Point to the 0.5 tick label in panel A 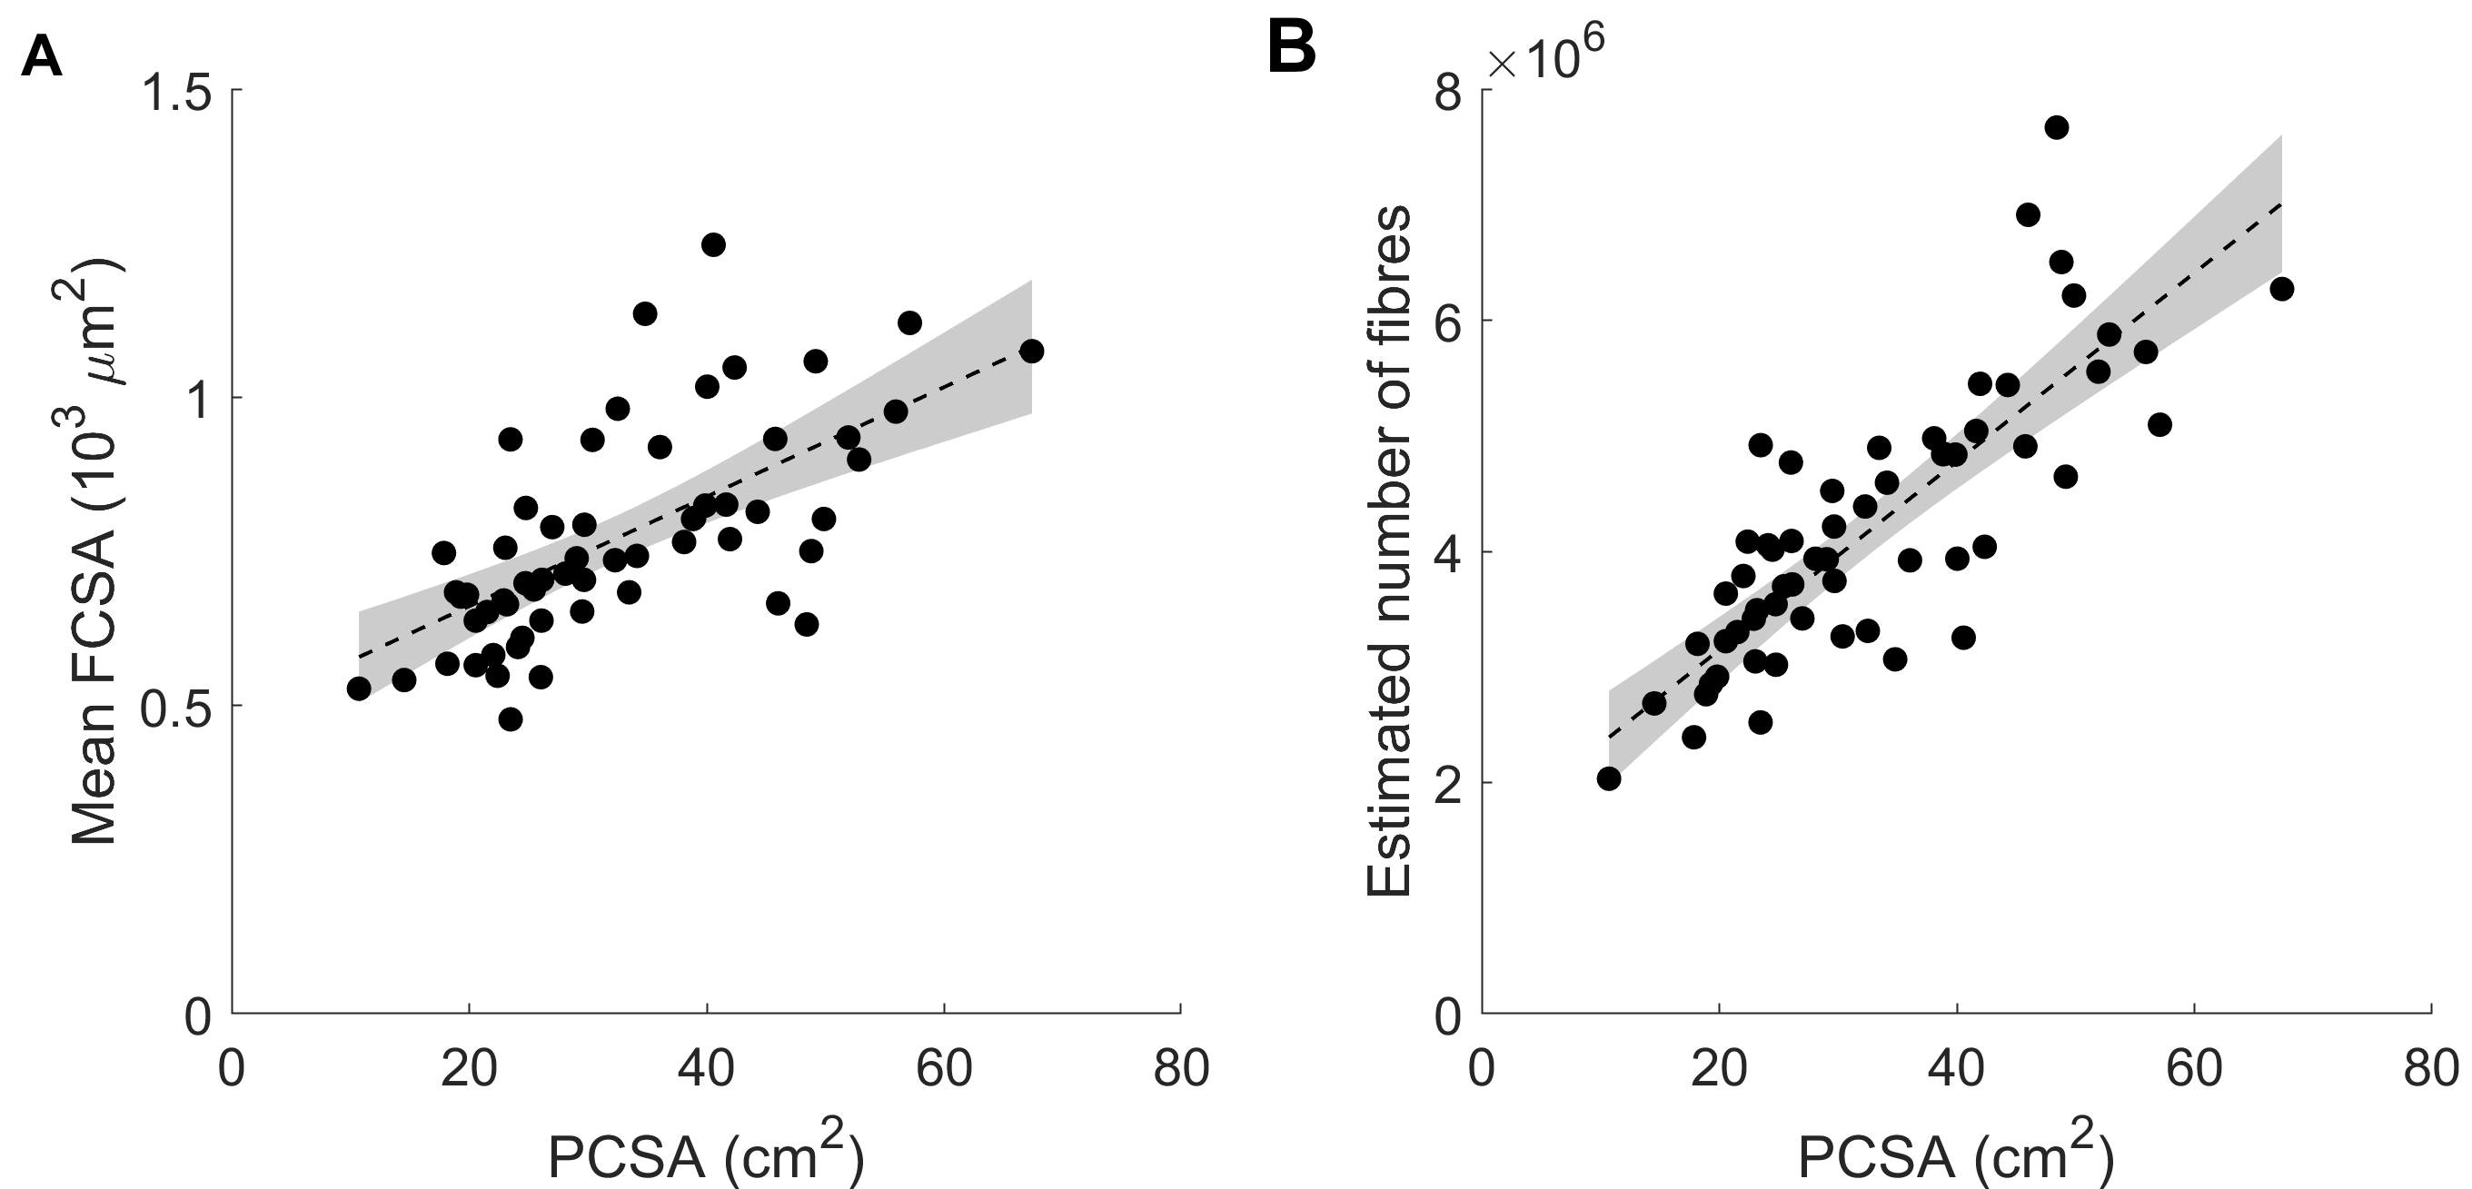tap(180, 707)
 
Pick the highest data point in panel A tap(713, 244)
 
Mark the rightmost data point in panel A tap(1032, 352)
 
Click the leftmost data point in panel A tap(359, 689)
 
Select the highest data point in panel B tap(2056, 128)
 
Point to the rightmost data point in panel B tap(2281, 289)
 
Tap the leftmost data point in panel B tap(1609, 778)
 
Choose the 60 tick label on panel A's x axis tap(944, 1069)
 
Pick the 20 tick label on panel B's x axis tap(1719, 1069)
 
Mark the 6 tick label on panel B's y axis tap(1448, 322)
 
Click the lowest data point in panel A tap(511, 718)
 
